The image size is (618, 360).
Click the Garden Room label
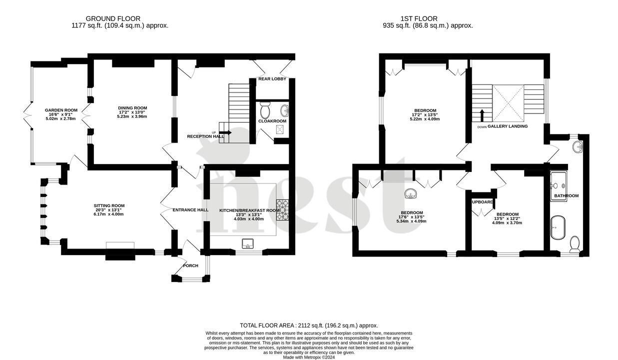(61, 110)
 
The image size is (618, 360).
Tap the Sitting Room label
(109, 205)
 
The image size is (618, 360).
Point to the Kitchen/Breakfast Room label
(249, 210)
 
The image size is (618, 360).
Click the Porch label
(190, 265)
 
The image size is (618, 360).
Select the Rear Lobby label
(272, 79)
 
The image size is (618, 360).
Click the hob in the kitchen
(284, 209)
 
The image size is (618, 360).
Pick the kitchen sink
(248, 243)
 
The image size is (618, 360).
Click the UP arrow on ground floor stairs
(224, 132)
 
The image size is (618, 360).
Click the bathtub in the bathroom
(558, 228)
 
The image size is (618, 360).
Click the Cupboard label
(482, 202)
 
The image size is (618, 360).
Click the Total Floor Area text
(309, 325)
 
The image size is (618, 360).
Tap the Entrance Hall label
(190, 210)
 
